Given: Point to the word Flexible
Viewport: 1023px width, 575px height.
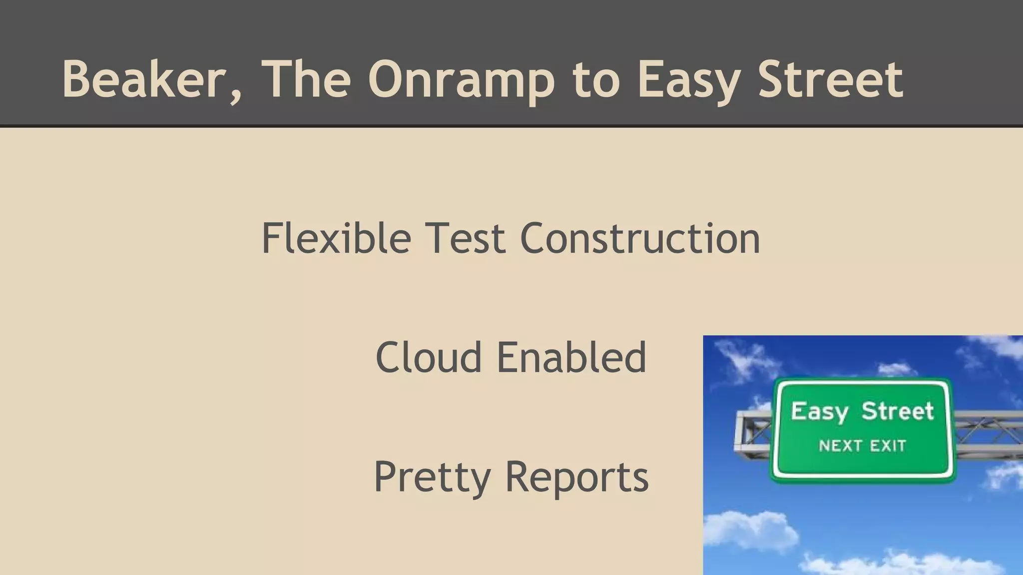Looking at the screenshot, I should coord(336,239).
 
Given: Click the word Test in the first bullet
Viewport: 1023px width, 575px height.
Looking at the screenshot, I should coord(465,239).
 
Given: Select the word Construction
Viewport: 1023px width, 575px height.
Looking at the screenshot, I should coord(640,239).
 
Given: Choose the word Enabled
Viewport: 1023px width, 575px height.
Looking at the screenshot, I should coord(571,357).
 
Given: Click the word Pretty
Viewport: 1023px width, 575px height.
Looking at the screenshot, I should coord(432,477).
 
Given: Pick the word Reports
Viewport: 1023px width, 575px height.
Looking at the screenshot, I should coord(577,477).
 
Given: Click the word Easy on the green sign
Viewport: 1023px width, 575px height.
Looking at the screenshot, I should coord(819,412).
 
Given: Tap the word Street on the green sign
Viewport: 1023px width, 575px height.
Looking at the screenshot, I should coord(897,411).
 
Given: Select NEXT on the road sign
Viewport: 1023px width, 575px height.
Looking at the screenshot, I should coord(840,445).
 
